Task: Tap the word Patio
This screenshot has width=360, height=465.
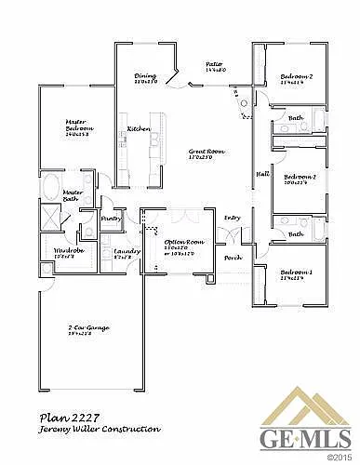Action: (214, 65)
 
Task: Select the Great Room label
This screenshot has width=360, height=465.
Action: (207, 152)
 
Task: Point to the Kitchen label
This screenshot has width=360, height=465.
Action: (139, 127)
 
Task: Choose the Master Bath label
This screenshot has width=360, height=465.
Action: (73, 195)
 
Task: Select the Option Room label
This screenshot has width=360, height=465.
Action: (183, 242)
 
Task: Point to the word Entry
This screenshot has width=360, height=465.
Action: (232, 218)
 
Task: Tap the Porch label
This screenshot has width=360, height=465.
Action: (233, 258)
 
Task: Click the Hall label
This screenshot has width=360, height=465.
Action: (262, 175)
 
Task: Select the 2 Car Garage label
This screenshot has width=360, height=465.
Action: (84, 328)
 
